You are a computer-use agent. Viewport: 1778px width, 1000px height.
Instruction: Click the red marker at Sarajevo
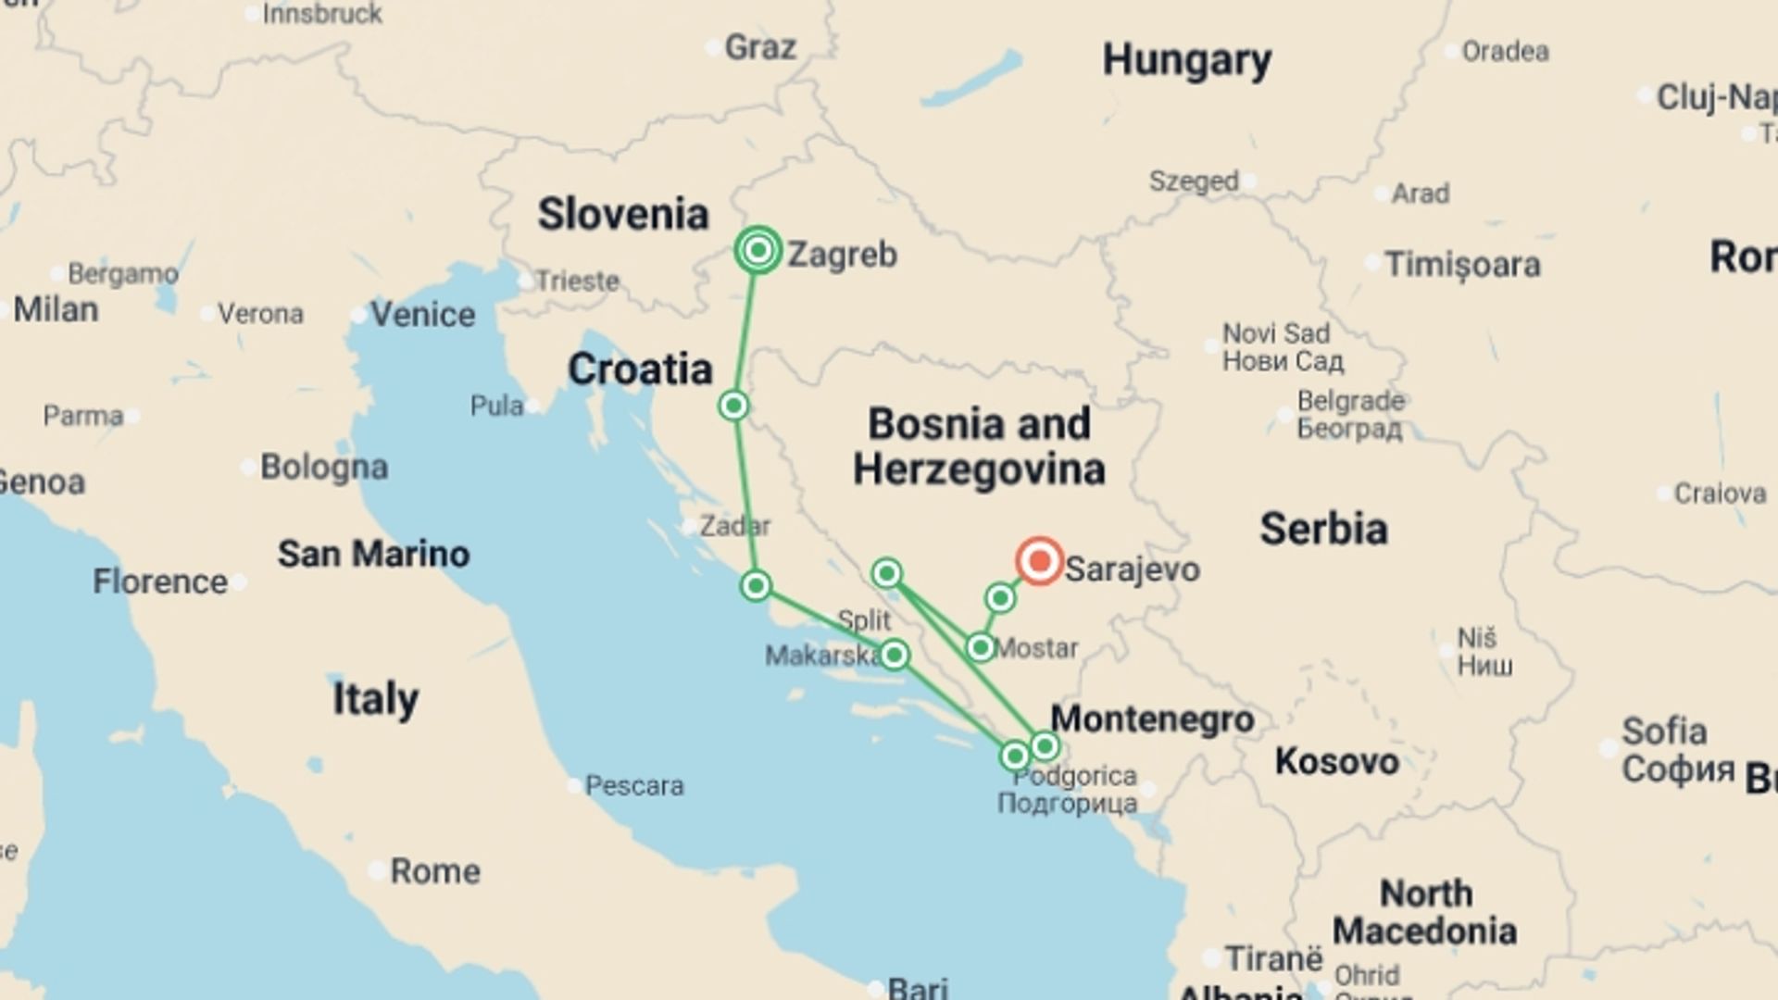pos(1039,561)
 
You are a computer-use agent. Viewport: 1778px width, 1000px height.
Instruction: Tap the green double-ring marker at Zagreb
pos(758,250)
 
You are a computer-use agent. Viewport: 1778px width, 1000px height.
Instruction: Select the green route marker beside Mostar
pos(980,647)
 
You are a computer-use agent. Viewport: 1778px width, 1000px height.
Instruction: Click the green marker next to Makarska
pos(894,656)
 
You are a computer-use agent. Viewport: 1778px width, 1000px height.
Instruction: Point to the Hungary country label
pos(1186,61)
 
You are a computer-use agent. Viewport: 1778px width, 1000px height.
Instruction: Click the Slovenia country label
pos(623,214)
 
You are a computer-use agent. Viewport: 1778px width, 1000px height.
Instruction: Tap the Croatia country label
pos(640,369)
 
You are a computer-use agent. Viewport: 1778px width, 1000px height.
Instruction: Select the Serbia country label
pos(1323,529)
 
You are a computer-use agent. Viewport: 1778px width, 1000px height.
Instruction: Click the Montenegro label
pos(1152,719)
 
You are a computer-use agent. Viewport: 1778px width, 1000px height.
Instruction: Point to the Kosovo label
pos(1336,761)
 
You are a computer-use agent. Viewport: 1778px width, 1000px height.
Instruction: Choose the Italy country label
pos(375,698)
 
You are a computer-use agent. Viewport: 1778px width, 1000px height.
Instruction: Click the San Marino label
pos(373,554)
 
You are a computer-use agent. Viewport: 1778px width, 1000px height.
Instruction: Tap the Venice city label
pos(422,315)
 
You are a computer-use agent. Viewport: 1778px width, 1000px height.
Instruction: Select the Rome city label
pos(435,871)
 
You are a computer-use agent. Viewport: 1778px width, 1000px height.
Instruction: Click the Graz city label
pos(759,47)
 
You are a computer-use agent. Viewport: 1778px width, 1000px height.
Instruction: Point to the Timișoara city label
pos(1462,265)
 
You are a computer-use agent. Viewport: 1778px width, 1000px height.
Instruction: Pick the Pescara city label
pos(634,786)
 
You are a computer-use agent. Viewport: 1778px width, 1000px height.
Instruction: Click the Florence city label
pos(159,582)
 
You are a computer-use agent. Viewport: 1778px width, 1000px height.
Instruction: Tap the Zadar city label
pos(734,526)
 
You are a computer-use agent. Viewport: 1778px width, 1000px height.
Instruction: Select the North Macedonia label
pos(1425,912)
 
